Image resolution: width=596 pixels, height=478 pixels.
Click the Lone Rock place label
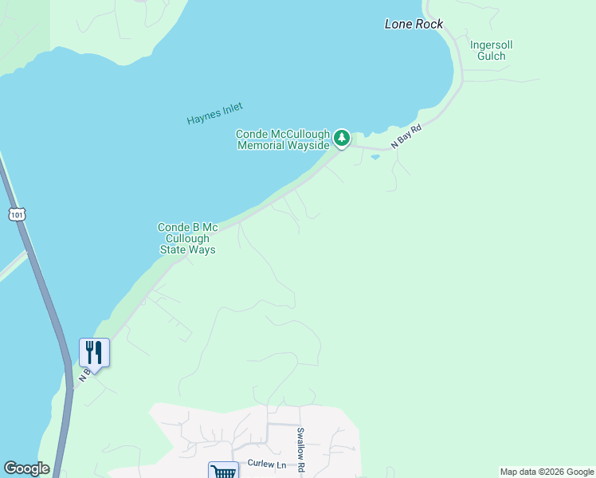tap(414, 24)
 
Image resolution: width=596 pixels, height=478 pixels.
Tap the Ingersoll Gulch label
tap(488, 50)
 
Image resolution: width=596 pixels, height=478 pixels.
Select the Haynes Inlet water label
tap(214, 114)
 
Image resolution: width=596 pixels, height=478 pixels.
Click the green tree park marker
tap(342, 139)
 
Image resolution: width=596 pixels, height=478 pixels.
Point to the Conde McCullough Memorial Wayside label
tap(283, 140)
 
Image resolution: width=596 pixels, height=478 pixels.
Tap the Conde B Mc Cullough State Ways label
tap(187, 238)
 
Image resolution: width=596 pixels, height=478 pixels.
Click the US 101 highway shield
tap(18, 214)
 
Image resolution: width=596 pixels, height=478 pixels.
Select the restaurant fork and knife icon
tap(94, 352)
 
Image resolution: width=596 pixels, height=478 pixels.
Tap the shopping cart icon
tap(223, 472)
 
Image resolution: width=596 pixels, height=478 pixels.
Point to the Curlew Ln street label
tap(265, 464)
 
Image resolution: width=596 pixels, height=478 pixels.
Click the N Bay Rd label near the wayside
tap(406, 136)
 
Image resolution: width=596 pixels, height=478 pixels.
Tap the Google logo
tap(26, 468)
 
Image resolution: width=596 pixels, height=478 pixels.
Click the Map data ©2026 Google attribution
tap(547, 472)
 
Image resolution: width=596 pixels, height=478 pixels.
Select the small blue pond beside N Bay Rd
tap(374, 157)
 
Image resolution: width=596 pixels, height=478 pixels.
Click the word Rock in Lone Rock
tap(429, 24)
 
